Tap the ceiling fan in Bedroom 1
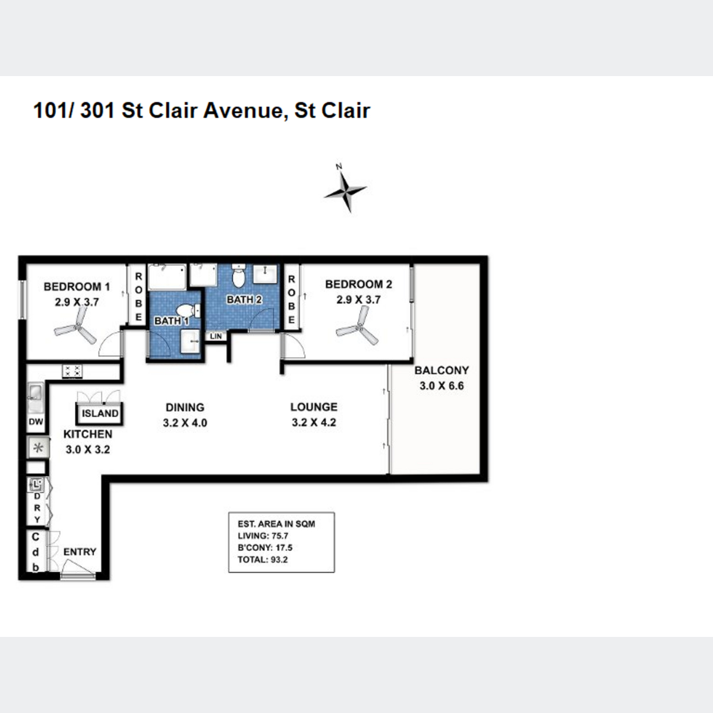click(76, 327)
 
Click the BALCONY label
click(441, 370)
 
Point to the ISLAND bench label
click(100, 414)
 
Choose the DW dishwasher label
click(36, 421)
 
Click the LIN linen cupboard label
click(216, 336)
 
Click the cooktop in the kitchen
click(72, 371)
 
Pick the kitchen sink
click(36, 397)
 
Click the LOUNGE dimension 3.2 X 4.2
click(314, 422)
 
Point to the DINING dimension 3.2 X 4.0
click(185, 423)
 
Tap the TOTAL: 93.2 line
click(263, 560)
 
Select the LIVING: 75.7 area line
click(263, 536)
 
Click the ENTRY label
click(80, 551)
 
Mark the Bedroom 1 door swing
click(111, 343)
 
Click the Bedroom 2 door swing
click(292, 345)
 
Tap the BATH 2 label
click(244, 299)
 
